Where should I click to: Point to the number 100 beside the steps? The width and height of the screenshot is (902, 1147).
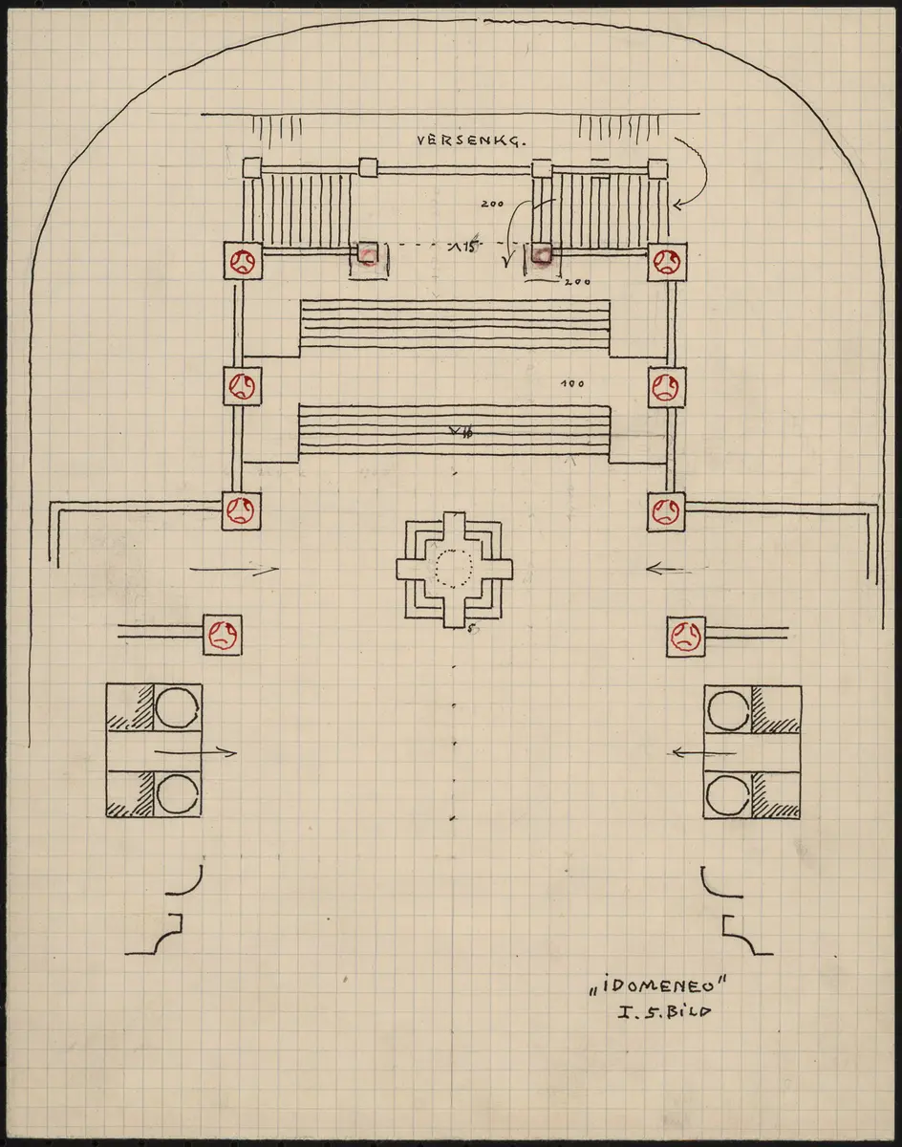click(x=572, y=384)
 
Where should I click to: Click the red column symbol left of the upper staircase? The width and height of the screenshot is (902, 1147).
click(x=239, y=259)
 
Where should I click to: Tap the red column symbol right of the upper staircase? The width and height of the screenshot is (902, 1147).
click(x=665, y=260)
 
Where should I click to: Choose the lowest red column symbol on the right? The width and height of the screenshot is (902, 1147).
click(x=687, y=635)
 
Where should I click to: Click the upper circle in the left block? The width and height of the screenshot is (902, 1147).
click(x=177, y=708)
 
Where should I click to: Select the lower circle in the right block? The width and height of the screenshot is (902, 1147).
click(x=729, y=793)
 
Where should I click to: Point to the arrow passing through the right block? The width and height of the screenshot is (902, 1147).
click(x=704, y=752)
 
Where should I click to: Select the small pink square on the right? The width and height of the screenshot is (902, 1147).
click(x=542, y=254)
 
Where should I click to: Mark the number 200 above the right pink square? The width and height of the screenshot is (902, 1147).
click(x=493, y=204)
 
